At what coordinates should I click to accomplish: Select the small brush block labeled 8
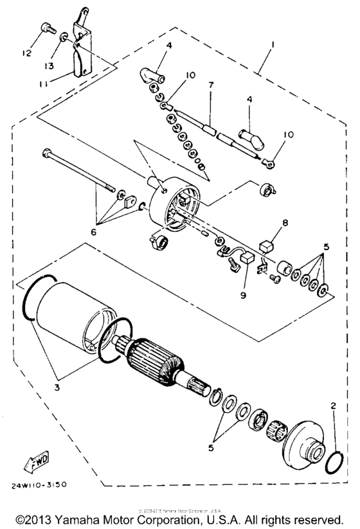(266, 246)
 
